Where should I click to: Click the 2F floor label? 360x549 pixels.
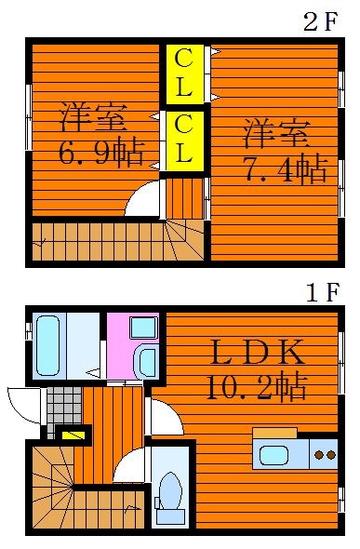pyautogui.click(x=321, y=21)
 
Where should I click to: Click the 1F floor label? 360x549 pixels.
pyautogui.click(x=323, y=292)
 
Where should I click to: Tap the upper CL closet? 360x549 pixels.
pyautogui.click(x=184, y=74)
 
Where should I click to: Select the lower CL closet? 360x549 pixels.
pyautogui.click(x=184, y=141)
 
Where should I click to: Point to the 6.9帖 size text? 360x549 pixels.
pyautogui.click(x=101, y=154)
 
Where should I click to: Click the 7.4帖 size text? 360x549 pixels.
pyautogui.click(x=287, y=171)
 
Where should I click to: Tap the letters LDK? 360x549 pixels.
pyautogui.click(x=258, y=352)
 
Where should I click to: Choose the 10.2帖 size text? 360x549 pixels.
pyautogui.click(x=257, y=388)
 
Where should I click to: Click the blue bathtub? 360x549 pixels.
pyautogui.click(x=47, y=346)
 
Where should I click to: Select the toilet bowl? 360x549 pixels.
pyautogui.click(x=170, y=490)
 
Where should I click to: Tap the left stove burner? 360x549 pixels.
pyautogui.click(x=319, y=455)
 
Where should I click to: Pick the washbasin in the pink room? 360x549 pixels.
pyautogui.click(x=148, y=362)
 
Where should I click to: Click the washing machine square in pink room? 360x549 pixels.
pyautogui.click(x=143, y=328)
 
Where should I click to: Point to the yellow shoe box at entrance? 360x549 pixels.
pyautogui.click(x=73, y=435)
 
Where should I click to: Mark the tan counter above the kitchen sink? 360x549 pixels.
pyautogui.click(x=275, y=433)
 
